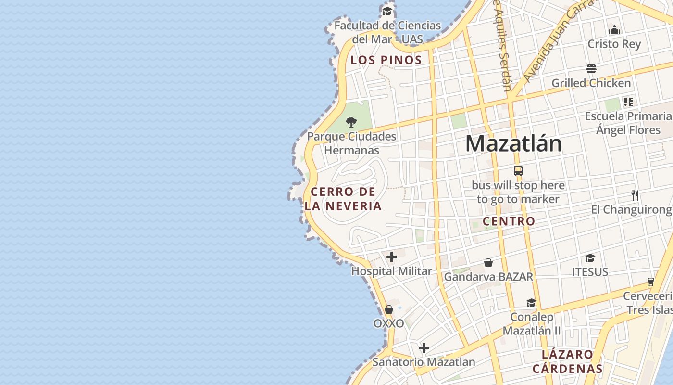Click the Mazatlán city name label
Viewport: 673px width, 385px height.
tap(513, 143)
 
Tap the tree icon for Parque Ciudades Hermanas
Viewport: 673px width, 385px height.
tap(351, 122)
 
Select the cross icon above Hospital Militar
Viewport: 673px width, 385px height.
tap(392, 257)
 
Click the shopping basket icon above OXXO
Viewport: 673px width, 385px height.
tap(389, 309)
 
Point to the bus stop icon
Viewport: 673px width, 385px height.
tap(518, 170)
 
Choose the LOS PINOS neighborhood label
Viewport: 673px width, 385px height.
tap(386, 60)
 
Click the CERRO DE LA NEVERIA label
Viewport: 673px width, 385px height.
tap(343, 199)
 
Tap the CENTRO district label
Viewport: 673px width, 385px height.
tap(509, 221)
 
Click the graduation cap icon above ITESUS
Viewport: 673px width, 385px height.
tap(590, 258)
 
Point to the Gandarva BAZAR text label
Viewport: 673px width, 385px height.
tap(488, 277)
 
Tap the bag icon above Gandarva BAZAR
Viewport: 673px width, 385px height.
tap(488, 263)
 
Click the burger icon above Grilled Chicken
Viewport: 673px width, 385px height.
tap(591, 69)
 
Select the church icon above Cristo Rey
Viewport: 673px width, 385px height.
tap(614, 30)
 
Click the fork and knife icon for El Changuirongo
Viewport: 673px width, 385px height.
tap(635, 195)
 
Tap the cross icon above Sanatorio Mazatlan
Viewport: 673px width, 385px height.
tap(424, 348)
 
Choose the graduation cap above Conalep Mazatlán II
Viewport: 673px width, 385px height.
tap(531, 303)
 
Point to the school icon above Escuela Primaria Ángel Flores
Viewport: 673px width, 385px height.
tap(628, 102)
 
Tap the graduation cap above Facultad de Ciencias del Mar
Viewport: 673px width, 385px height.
tap(387, 11)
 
